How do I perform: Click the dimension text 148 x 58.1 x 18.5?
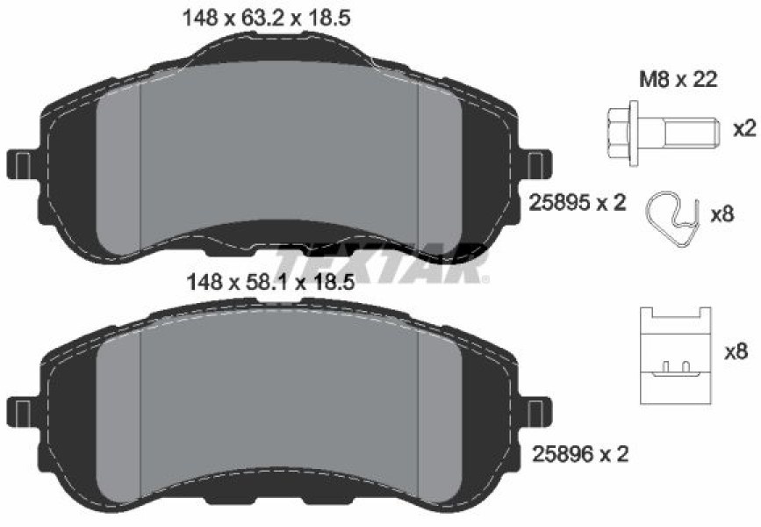(x=271, y=282)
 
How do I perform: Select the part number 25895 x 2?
(x=577, y=202)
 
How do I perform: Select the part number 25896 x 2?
(x=580, y=454)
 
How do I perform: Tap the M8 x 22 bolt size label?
(x=678, y=79)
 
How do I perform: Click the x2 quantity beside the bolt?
(x=744, y=128)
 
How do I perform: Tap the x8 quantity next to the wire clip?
(x=722, y=213)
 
